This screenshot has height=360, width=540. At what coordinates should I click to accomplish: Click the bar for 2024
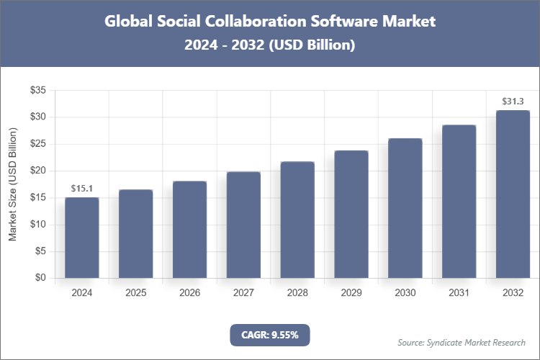(82, 238)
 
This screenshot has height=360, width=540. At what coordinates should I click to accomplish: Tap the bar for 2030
(405, 208)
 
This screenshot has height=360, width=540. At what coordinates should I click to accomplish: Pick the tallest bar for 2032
(513, 194)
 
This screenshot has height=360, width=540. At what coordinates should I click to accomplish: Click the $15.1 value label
(82, 189)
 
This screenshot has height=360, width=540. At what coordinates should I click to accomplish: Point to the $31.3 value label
(513, 102)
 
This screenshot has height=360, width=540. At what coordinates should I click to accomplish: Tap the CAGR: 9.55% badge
(269, 335)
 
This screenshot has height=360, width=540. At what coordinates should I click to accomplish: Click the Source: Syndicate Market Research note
(462, 342)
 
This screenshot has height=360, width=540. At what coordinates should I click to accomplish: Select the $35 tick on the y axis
(37, 90)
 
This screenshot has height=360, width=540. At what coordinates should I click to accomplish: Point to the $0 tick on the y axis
(40, 278)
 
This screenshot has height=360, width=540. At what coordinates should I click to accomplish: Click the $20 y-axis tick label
(37, 171)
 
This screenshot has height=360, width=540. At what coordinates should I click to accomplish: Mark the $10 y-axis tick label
(37, 225)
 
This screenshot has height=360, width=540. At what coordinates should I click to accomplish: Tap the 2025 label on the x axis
(136, 293)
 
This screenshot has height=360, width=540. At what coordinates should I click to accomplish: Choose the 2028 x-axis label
(297, 293)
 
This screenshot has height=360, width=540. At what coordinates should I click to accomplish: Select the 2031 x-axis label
(459, 293)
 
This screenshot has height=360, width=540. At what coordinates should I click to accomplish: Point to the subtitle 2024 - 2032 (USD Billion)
(269, 45)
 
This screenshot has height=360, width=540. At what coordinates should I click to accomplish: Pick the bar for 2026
(190, 230)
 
